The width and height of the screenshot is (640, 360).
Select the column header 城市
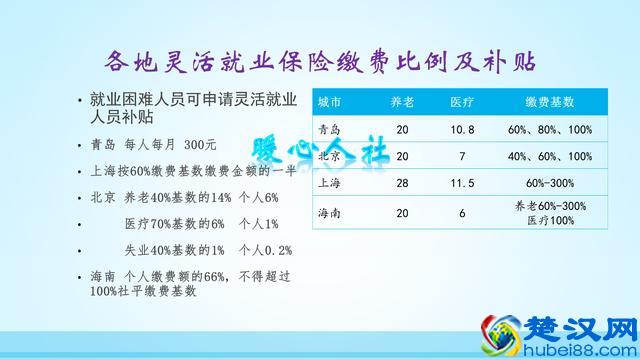(329, 103)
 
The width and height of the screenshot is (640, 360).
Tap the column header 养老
(401, 103)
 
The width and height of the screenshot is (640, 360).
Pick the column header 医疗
(462, 103)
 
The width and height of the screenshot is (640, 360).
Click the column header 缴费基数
(550, 103)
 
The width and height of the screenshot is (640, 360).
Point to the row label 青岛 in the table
(329, 130)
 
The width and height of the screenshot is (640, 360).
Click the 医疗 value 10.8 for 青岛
(462, 130)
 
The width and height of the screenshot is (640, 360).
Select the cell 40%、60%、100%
(550, 157)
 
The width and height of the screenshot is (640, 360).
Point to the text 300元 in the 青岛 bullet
(214, 145)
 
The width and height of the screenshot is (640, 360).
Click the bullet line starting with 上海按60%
(180, 171)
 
